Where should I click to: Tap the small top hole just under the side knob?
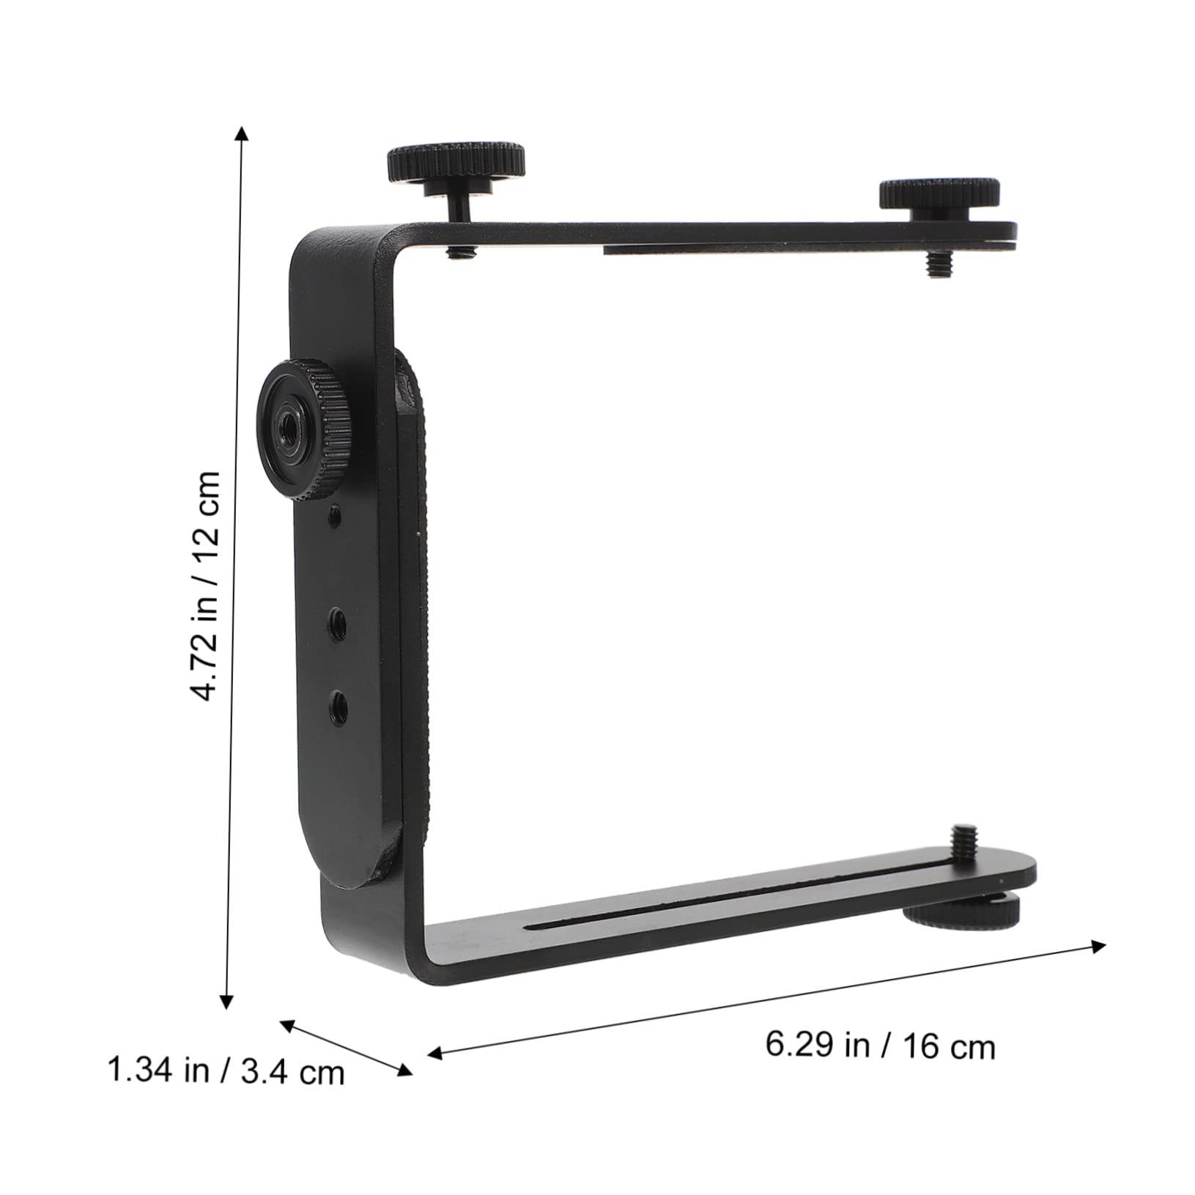point(335,518)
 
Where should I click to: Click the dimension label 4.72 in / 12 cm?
point(204,585)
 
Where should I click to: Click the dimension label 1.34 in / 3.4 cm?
point(226,1071)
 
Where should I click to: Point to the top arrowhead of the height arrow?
point(241,132)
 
